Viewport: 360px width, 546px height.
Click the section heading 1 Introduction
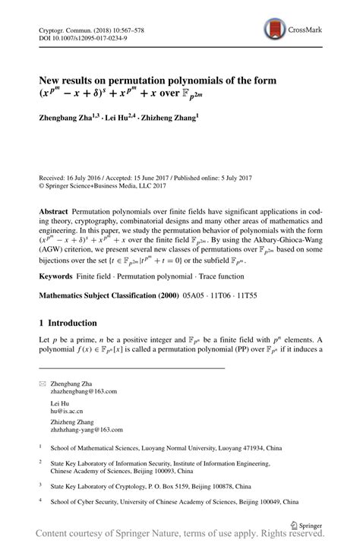click(x=68, y=323)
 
